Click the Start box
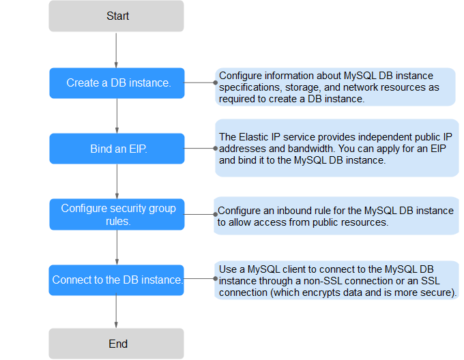[x=116, y=16]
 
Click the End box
[x=116, y=344]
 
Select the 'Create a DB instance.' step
[x=117, y=83]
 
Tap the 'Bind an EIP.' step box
[x=117, y=149]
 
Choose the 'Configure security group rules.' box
[x=117, y=214]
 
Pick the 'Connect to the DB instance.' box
[x=116, y=280]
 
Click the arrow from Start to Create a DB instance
[x=116, y=50]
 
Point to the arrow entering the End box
[x=116, y=311]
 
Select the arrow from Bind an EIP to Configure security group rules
[x=117, y=181]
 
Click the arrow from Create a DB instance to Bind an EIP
[x=117, y=116]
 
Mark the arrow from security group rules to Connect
[x=117, y=247]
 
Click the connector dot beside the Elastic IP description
[x=216, y=148]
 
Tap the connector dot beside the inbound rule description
[x=216, y=214]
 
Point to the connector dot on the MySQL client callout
[x=216, y=278]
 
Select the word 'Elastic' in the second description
[x=254, y=137]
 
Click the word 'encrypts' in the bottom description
[x=321, y=292]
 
